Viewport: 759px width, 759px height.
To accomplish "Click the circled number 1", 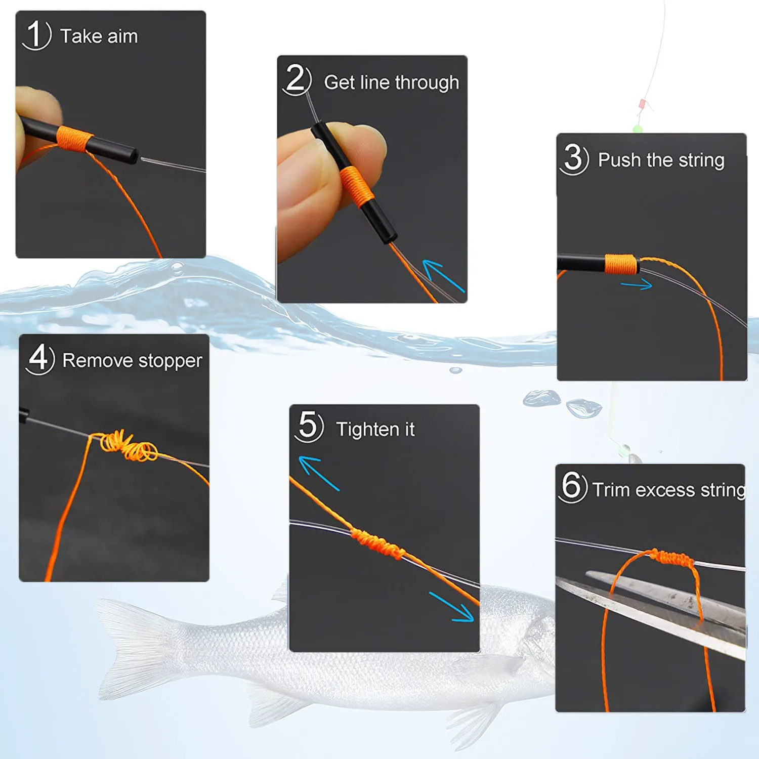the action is pyautogui.click(x=36, y=35).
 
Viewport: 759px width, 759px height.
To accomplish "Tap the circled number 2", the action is pyautogui.click(x=297, y=79).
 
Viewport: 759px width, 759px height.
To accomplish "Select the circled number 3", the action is pyautogui.click(x=574, y=159).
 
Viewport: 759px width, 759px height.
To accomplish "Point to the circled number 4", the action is pyautogui.click(x=39, y=359).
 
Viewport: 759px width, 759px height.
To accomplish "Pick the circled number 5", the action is pyautogui.click(x=309, y=426).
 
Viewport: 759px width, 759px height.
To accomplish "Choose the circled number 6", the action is pyautogui.click(x=572, y=486).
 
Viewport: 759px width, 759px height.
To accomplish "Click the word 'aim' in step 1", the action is pyautogui.click(x=122, y=36).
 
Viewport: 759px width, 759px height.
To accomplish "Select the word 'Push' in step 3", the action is pyautogui.click(x=620, y=160).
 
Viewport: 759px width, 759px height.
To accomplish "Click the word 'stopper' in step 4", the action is pyautogui.click(x=170, y=361).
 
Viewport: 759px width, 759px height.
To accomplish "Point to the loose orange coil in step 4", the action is pyautogui.click(x=129, y=446).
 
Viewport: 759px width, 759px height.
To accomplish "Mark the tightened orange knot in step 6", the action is pyautogui.click(x=671, y=558).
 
